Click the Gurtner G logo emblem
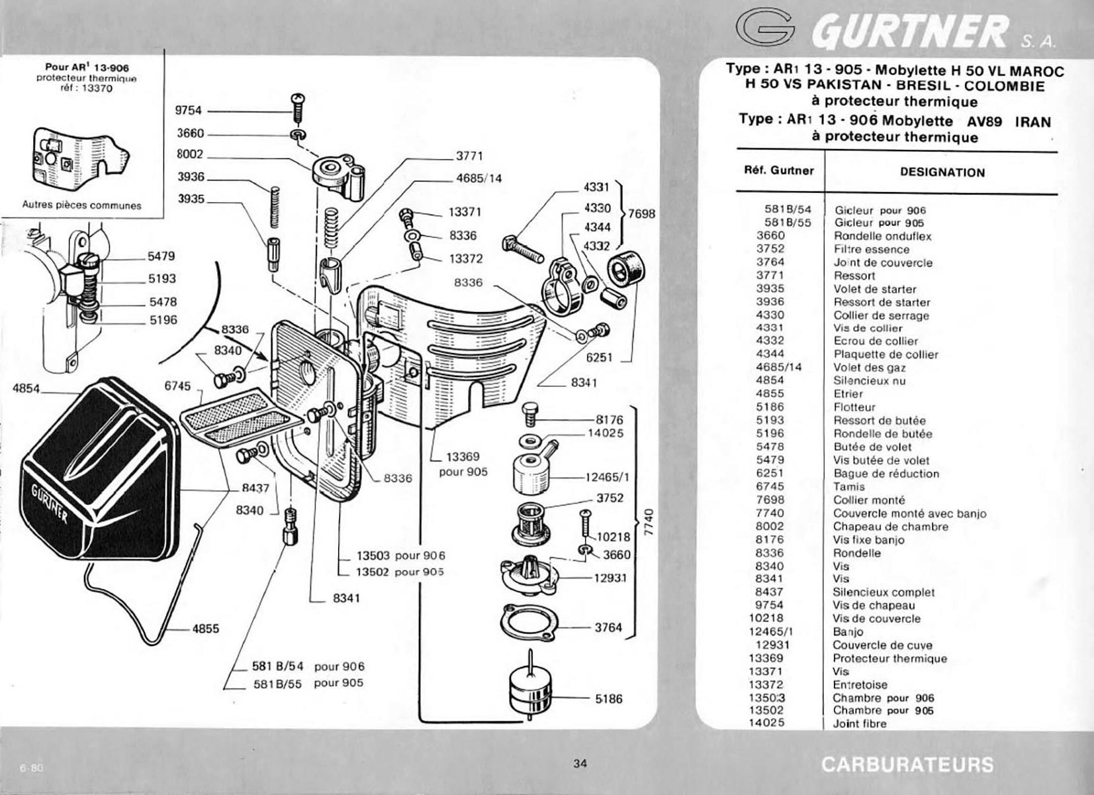765,28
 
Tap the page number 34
580,763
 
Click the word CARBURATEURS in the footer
907,765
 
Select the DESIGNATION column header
942,173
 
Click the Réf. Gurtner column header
779,171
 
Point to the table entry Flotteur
854,407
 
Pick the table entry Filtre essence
872,249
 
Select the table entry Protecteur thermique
890,659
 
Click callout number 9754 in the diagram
188,111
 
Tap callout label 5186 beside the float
608,699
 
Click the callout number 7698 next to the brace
641,214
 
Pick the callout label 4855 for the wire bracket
206,629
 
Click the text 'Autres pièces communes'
81,206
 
